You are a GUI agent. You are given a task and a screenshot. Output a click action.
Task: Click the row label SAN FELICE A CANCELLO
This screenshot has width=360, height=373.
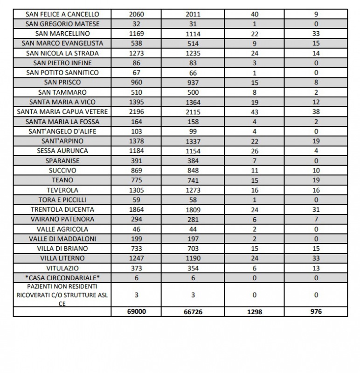pos(62,14)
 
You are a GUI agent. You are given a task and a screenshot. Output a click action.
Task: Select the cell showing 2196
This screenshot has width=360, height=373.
pos(137,112)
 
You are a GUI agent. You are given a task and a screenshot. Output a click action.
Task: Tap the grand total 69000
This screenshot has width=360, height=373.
pos(137,311)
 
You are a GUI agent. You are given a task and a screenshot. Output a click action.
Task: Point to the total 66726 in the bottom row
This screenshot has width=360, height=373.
pos(193,311)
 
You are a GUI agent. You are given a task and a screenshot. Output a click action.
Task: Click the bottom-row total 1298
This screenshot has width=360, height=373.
pos(255,311)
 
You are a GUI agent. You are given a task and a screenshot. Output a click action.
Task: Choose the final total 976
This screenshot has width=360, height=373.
pos(316,311)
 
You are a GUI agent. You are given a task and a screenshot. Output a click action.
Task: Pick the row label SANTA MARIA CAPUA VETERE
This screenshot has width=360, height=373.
pos(62,112)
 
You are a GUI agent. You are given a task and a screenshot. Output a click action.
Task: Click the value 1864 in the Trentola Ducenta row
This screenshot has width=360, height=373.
pos(137,209)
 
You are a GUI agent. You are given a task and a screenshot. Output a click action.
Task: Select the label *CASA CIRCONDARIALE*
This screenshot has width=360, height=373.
pos(62,278)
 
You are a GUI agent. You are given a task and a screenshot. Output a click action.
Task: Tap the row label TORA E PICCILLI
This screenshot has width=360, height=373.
pos(62,200)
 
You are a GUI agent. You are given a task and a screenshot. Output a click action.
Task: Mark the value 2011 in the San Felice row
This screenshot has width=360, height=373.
pos(193,14)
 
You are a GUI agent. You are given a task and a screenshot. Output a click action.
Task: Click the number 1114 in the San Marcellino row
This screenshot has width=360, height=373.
pos(193,34)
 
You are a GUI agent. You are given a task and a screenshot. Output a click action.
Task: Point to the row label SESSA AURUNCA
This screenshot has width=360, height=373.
pos(62,151)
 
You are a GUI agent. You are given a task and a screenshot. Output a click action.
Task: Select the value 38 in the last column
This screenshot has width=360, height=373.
pos(316,112)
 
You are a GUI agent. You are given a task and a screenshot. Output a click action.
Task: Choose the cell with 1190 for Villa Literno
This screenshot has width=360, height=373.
pos(193,258)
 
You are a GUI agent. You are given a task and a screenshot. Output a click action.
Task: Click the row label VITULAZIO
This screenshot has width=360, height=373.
pos(62,268)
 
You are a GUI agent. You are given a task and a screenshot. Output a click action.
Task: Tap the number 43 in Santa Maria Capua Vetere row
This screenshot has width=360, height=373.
pos(255,112)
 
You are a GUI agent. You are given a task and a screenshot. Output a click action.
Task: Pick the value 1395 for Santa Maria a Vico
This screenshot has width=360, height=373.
pos(137,102)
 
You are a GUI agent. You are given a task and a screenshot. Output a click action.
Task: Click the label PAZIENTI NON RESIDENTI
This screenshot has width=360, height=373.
pos(62,286)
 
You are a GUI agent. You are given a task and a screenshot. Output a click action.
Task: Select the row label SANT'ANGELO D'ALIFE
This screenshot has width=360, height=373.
pos(62,131)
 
